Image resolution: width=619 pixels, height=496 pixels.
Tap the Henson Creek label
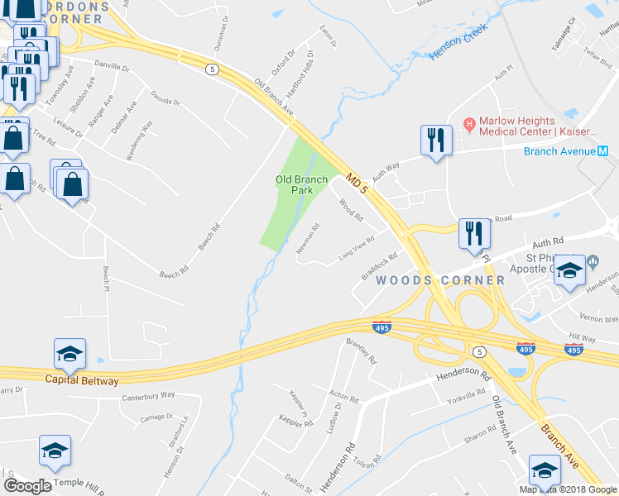459,41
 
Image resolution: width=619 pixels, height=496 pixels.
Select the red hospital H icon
468,125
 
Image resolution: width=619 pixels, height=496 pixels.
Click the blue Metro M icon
602,150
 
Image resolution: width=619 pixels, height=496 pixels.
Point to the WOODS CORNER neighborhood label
440,280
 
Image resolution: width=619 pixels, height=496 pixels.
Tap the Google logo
27,486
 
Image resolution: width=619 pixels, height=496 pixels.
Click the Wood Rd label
352,210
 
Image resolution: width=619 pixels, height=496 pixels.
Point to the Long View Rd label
357,249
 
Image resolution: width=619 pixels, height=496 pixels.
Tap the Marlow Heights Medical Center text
536,126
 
